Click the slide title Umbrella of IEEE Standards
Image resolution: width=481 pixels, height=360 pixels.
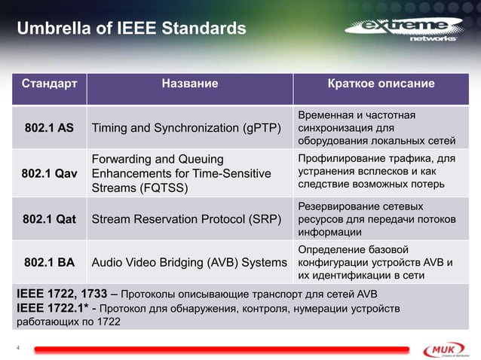point(131,29)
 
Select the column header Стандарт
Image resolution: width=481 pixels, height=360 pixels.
point(48,84)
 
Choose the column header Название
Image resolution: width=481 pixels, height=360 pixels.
point(190,84)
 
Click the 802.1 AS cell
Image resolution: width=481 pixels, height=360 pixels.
point(48,127)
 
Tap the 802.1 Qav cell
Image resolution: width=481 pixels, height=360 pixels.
point(48,173)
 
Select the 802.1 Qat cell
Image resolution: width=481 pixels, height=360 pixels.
point(48,219)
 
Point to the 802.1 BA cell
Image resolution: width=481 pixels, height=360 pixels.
point(48,263)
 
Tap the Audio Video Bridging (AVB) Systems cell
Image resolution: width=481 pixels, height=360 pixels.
point(188,263)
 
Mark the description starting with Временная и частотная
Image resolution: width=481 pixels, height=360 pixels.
point(377,127)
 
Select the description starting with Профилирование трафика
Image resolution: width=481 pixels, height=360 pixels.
point(377,172)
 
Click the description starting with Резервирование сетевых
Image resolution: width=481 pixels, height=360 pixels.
point(377,219)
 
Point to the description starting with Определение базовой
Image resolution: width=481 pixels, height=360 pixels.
point(377,263)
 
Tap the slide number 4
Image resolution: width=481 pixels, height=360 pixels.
point(19,347)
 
